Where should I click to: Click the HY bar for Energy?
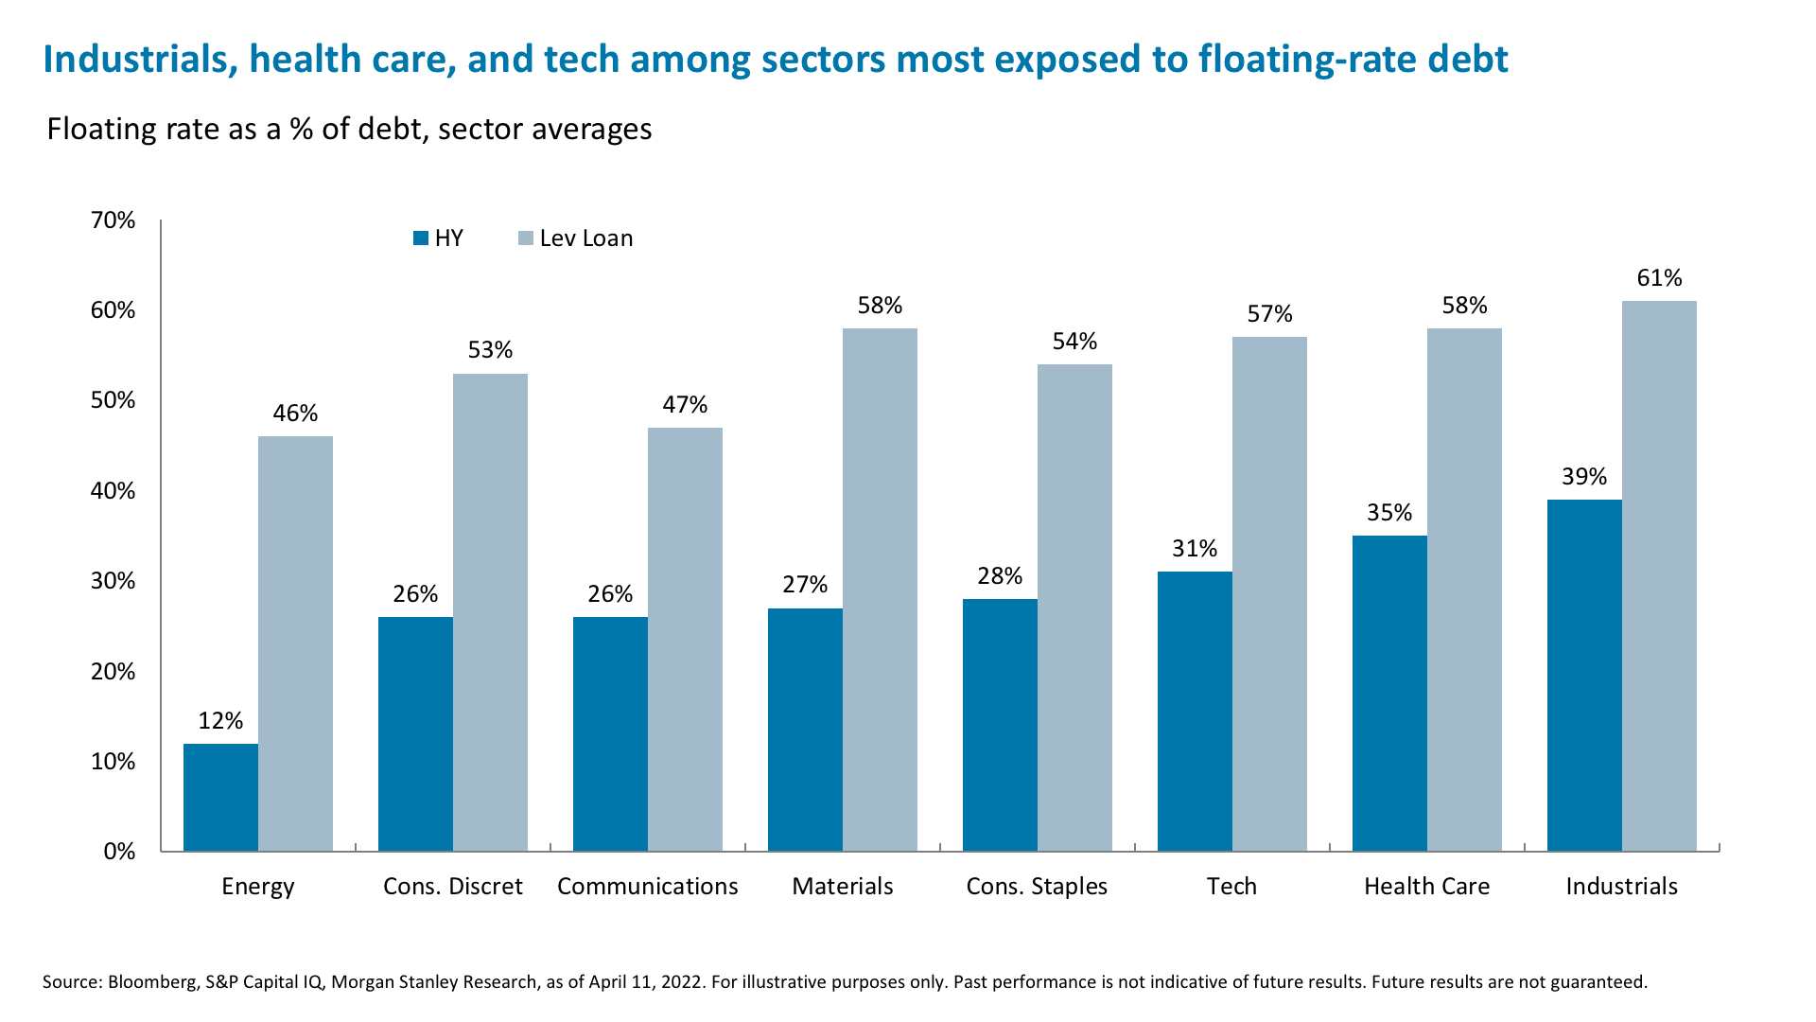coord(220,797)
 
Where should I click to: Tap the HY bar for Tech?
coord(1195,711)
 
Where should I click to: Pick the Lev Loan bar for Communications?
coord(685,639)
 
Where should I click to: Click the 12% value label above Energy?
coord(220,721)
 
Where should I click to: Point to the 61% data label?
coord(1659,278)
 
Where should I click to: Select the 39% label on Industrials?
coord(1583,477)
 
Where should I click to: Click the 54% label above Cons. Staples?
coord(1074,342)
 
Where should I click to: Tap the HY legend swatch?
coord(421,238)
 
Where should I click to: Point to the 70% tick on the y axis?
coord(113,220)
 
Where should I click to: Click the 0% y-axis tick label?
coord(119,852)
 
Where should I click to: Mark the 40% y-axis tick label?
coord(113,491)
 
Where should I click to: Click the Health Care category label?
coord(1426,887)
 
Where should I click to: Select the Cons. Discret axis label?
coord(452,887)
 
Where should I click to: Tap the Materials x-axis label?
coord(842,887)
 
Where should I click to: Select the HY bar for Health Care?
coord(1389,693)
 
